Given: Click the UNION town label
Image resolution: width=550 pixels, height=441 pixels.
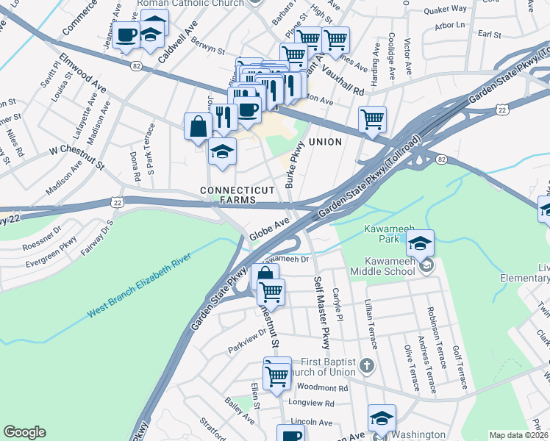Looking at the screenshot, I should [x=325, y=141].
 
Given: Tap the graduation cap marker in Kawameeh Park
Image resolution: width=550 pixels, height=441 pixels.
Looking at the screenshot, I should [x=421, y=243].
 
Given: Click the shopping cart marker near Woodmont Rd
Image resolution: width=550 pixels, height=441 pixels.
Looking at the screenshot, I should [x=277, y=376].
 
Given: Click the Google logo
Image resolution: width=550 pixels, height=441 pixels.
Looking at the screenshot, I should [x=25, y=432].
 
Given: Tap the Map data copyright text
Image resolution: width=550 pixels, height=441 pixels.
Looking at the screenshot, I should [x=518, y=435].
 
